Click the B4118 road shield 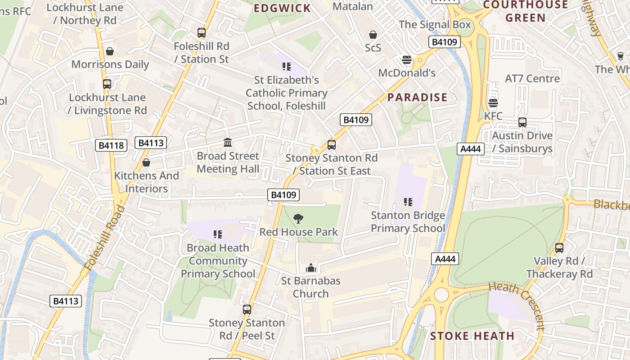tap(111, 145)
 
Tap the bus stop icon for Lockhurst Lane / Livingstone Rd tap(107, 84)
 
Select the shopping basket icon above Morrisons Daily tap(110, 51)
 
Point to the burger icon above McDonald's tap(407, 60)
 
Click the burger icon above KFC tap(493, 103)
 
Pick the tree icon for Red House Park tap(298, 219)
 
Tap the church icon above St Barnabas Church tap(310, 268)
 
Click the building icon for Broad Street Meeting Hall tap(228, 143)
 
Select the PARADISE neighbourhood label tap(418, 98)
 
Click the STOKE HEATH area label tap(472, 336)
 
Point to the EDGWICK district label tap(282, 8)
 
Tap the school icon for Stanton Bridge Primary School tap(408, 202)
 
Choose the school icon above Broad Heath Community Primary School tap(218, 234)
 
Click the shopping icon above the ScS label tap(373, 35)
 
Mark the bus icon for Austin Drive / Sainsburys tap(522, 122)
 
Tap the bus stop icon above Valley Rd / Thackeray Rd tap(559, 247)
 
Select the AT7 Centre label tap(532, 79)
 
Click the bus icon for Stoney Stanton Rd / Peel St tap(247, 309)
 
